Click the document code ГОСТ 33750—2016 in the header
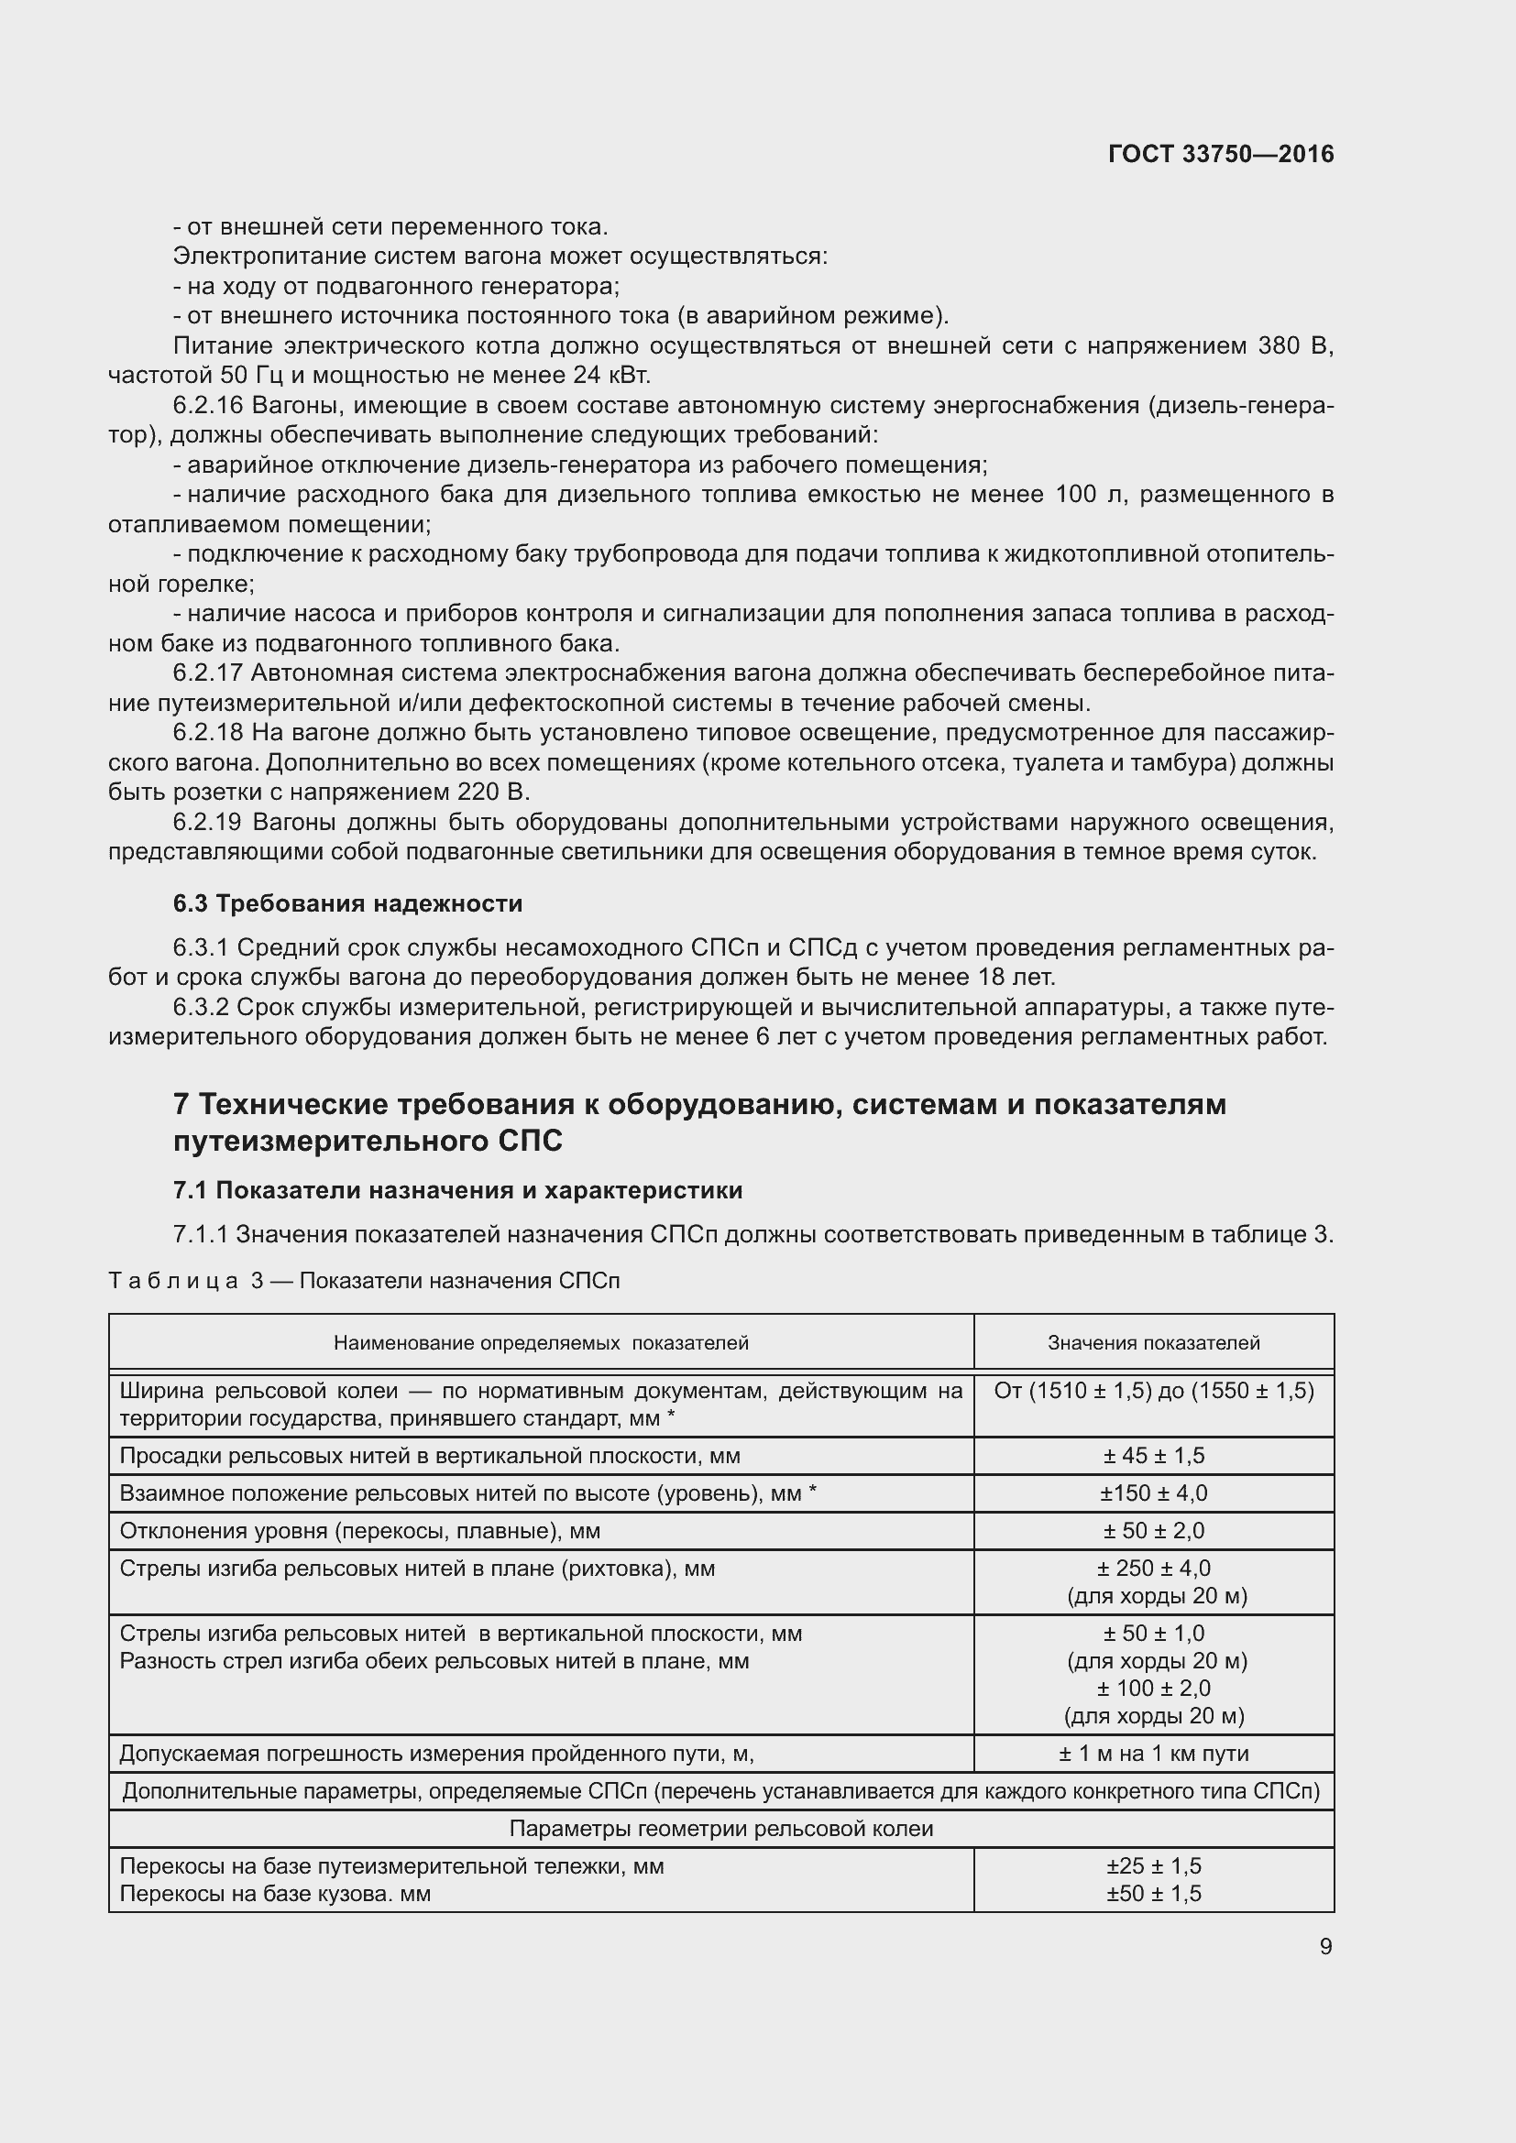(x=1220, y=154)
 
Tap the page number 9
(x=1324, y=1946)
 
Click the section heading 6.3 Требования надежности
(x=347, y=903)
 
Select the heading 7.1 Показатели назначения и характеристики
(x=457, y=1190)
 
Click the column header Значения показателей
(x=1153, y=1343)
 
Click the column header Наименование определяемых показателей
(x=541, y=1343)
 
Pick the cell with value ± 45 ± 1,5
(x=1153, y=1456)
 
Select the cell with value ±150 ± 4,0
(x=1153, y=1493)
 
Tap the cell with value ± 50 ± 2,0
(x=1153, y=1531)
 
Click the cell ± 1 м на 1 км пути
(x=1153, y=1754)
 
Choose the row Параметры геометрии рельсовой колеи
(x=720, y=1829)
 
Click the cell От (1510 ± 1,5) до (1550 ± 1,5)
(x=1153, y=1392)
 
